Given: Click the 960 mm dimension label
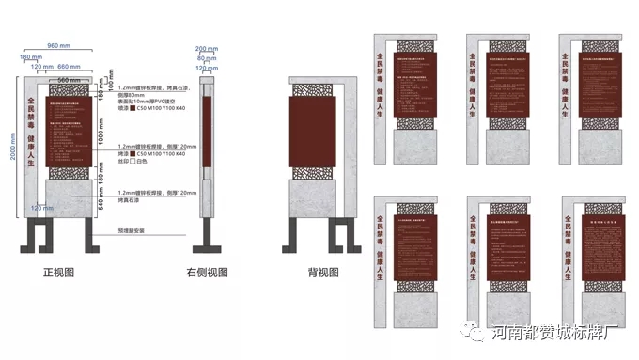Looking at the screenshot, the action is pos(59,45).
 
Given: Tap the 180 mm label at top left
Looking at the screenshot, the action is pos(25,57).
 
